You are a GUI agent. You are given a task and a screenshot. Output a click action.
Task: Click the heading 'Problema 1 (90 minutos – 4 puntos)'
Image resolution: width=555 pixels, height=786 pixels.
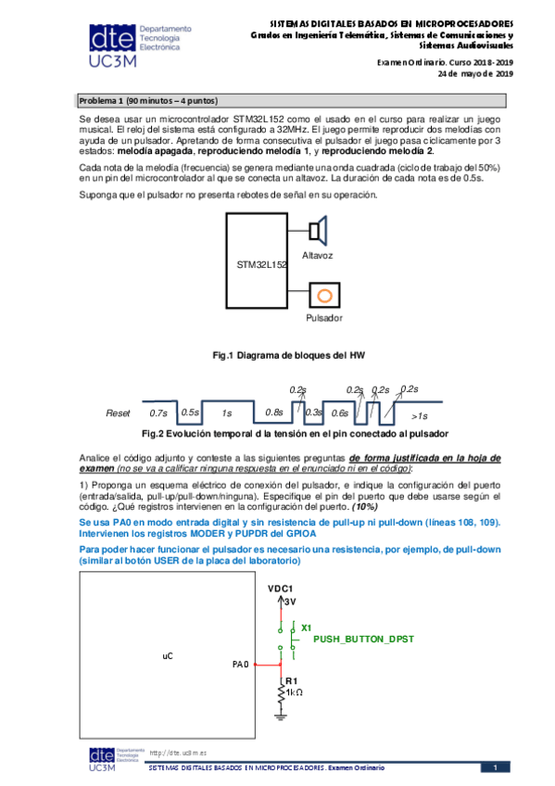click(x=147, y=100)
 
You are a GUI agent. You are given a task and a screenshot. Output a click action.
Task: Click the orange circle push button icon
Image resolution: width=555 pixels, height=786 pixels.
click(x=323, y=295)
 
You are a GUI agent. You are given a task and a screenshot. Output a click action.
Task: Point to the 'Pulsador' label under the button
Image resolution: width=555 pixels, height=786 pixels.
click(x=323, y=318)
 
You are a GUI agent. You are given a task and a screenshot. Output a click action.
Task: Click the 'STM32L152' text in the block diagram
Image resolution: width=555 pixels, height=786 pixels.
click(x=262, y=264)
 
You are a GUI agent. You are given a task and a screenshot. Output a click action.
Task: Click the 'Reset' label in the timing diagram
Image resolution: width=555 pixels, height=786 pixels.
click(x=119, y=413)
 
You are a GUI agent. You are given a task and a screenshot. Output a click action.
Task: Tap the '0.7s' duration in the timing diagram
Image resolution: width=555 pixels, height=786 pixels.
click(x=158, y=413)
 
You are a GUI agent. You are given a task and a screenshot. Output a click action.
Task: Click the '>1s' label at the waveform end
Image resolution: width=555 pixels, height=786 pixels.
click(x=420, y=415)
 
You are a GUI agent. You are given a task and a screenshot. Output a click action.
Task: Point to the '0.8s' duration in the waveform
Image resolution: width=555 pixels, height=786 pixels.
click(x=273, y=413)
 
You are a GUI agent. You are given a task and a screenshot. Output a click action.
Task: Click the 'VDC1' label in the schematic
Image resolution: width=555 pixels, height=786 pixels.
click(x=280, y=589)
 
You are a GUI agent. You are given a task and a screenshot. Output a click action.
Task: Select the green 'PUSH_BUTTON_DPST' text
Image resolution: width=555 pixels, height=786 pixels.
click(x=363, y=640)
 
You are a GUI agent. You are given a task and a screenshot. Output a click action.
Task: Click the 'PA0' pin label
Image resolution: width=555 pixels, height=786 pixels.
click(x=240, y=665)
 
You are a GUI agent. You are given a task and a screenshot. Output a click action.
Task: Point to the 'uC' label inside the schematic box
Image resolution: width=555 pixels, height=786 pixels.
click(x=168, y=655)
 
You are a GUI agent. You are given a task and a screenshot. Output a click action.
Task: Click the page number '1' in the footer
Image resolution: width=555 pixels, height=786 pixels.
click(x=495, y=767)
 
